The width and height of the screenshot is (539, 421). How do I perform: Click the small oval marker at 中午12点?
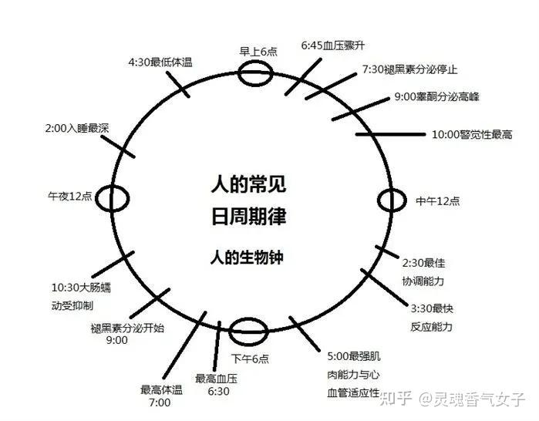pos(392,200)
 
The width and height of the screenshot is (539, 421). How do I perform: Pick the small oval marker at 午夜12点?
pos(115,197)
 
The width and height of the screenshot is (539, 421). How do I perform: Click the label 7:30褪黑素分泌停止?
pos(409,69)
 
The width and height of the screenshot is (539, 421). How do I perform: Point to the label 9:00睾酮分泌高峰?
pos(436,97)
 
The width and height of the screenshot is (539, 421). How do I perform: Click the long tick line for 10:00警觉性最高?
pos(390,134)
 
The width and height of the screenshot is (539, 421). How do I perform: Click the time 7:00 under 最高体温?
pos(160,402)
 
